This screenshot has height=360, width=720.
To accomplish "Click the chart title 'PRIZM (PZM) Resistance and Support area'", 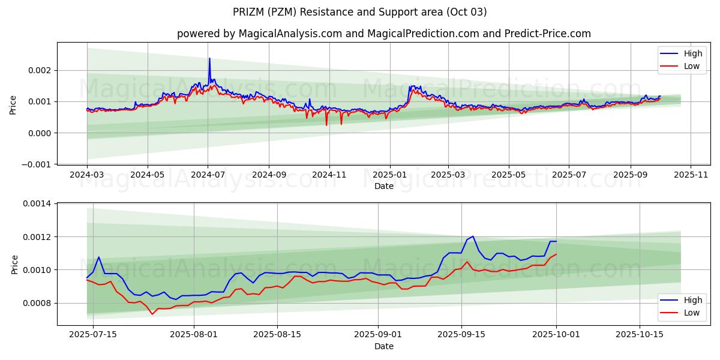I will point(360,12).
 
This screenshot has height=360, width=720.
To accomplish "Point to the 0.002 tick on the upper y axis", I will point(40,70).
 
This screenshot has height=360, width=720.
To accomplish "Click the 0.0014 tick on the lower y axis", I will point(37,204).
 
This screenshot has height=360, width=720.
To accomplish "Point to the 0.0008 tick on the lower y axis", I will point(37,303).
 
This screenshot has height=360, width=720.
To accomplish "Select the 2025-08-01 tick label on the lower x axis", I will point(194,334).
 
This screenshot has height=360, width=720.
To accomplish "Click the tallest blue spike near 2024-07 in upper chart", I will point(209,58).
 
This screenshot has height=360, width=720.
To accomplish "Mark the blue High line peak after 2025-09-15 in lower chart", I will point(473,236).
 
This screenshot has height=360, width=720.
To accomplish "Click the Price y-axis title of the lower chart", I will point(14,265).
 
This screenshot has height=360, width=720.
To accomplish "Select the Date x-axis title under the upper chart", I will point(384,186).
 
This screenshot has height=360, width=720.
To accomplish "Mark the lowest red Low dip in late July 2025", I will point(152,314).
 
